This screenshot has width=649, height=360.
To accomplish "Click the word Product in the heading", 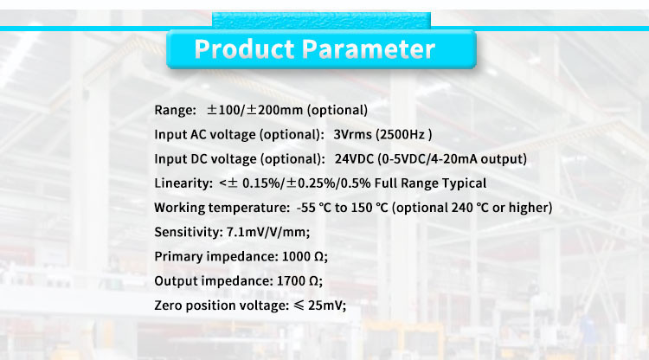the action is (244, 49).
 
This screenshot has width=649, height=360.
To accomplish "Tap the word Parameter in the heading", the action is (369, 49).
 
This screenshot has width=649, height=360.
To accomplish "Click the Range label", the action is (175, 111).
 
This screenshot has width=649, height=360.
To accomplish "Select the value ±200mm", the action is (275, 110).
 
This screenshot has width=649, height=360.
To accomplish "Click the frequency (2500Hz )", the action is (403, 135).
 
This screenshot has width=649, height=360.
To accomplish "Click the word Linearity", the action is (183, 183).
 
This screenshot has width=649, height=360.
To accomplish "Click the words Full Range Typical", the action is (430, 183).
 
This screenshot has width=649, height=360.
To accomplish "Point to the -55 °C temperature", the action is (313, 208).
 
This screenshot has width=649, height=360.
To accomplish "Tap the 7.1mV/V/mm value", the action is (267, 232).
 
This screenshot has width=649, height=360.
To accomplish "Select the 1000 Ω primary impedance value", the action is (305, 256).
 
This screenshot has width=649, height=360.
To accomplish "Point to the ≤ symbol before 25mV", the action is (299, 305).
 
